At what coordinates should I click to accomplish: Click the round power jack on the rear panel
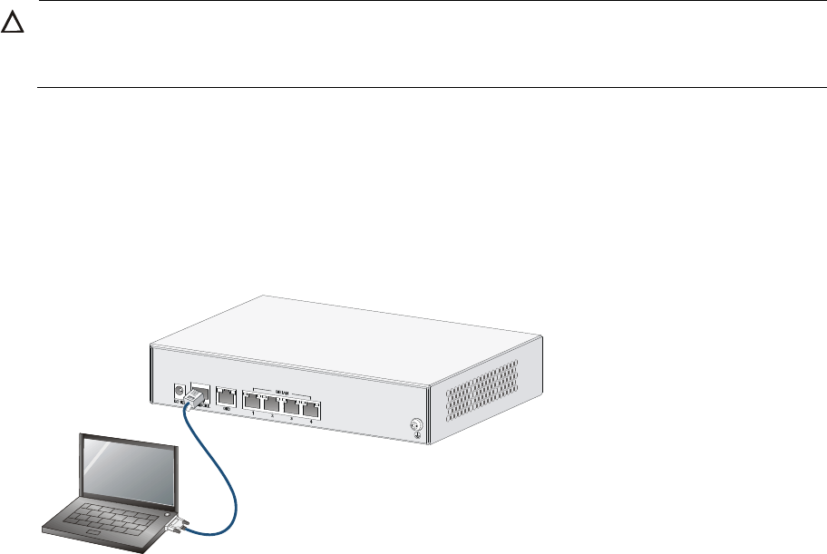tap(180, 394)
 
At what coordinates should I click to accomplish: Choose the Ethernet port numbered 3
tap(291, 407)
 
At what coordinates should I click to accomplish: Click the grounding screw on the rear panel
tap(416, 423)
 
